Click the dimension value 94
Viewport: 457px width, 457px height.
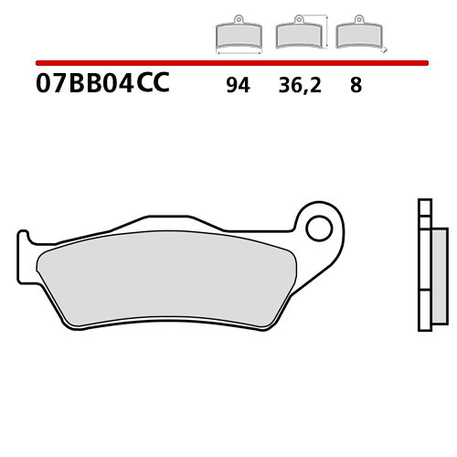237,87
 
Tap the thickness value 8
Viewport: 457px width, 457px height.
356,87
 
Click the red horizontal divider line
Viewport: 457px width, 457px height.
228,64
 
